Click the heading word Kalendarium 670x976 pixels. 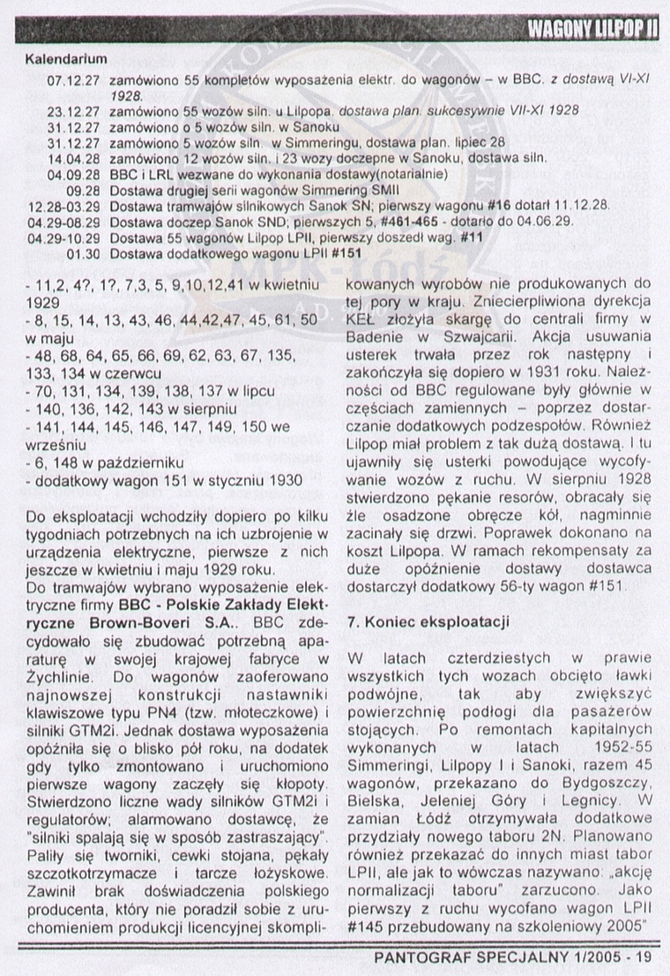(66, 60)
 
